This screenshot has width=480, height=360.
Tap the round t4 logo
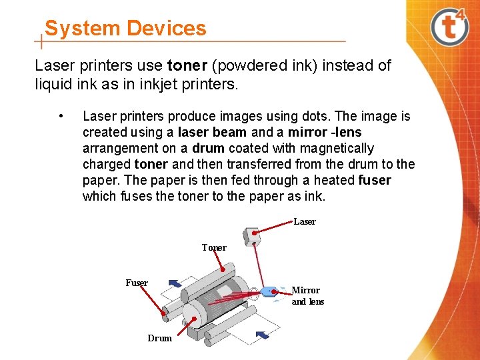click(x=450, y=27)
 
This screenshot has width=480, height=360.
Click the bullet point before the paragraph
click(x=61, y=117)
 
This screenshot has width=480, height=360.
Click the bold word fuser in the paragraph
click(x=374, y=180)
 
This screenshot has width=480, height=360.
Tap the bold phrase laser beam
click(x=213, y=132)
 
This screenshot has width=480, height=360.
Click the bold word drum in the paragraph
click(x=208, y=148)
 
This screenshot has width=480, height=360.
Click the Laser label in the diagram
click(x=305, y=221)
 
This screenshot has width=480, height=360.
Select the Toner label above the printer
click(x=214, y=247)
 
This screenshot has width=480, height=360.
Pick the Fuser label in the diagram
click(x=137, y=283)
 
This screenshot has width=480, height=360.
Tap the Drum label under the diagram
click(x=159, y=338)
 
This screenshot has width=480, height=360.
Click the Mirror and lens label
click(x=307, y=295)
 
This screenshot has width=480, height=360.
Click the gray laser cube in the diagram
click(x=252, y=236)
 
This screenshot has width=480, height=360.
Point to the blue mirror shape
click(x=269, y=291)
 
